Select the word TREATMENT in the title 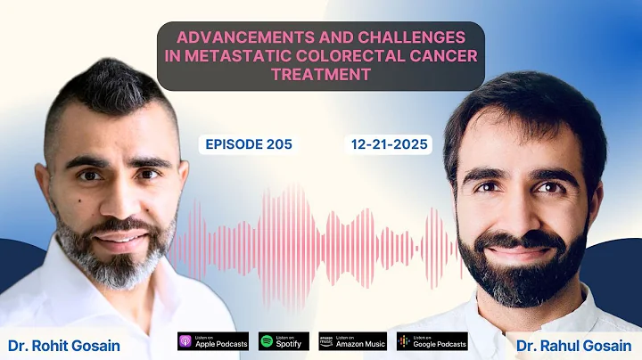click(x=320, y=76)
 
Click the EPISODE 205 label click(x=248, y=143)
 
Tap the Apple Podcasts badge click(x=211, y=341)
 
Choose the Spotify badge click(x=284, y=341)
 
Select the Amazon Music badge click(x=352, y=341)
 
